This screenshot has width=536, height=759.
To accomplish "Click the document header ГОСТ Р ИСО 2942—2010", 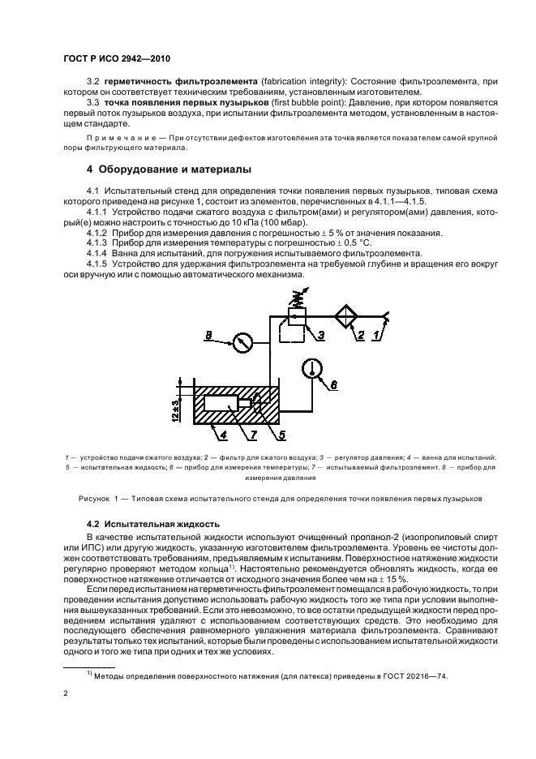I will (x=117, y=59).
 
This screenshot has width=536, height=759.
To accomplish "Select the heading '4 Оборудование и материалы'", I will (x=159, y=169).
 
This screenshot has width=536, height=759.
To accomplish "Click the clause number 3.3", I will (x=92, y=104).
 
